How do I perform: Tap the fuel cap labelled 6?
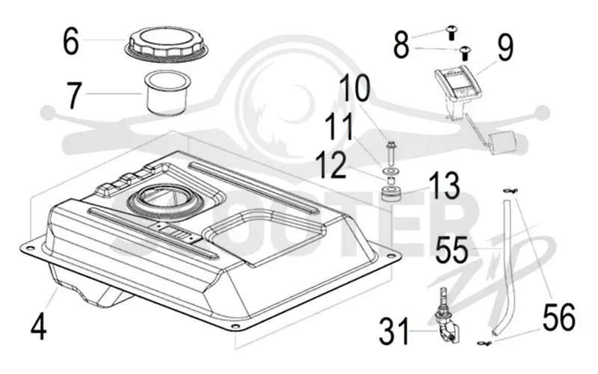[x=167, y=44]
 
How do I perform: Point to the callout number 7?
[x=74, y=95]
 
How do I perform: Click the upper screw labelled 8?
[x=452, y=32]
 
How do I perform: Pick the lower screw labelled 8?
[x=464, y=53]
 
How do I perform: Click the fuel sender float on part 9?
[x=502, y=143]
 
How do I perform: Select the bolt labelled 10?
[x=390, y=152]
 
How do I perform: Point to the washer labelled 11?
[x=389, y=170]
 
